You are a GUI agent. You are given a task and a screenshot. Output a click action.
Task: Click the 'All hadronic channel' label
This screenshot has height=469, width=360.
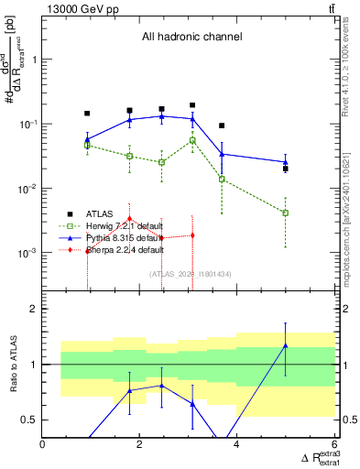pyautogui.click(x=191, y=38)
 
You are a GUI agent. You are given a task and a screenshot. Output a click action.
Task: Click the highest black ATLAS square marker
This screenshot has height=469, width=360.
pyautogui.click(x=192, y=105)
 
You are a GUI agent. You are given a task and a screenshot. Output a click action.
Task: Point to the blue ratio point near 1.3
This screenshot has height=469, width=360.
pyautogui.click(x=286, y=345)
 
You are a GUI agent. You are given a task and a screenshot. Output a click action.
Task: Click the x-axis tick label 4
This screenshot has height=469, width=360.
pyautogui.click(x=237, y=444)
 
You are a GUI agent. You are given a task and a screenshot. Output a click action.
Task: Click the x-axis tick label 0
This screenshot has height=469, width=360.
pyautogui.click(x=43, y=444)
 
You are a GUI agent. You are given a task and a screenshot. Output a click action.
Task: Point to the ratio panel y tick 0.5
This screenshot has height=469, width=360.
pyautogui.click(x=32, y=420)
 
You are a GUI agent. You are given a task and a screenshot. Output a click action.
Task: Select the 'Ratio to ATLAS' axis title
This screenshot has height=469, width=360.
pyautogui.click(x=12, y=364)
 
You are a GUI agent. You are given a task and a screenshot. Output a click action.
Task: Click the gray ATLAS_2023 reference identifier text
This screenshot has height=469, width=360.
pyautogui.click(x=191, y=273)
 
